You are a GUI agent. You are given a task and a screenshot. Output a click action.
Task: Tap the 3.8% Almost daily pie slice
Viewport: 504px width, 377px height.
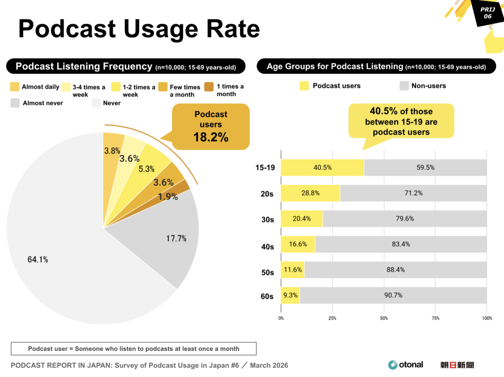coord(113,151)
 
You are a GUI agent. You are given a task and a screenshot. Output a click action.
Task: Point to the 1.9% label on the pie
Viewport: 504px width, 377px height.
coord(167,196)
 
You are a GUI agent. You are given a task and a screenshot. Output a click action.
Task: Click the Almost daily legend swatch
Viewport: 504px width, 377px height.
coord(15,87)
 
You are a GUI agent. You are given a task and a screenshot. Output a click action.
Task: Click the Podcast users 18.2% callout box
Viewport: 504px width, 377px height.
coord(211,126)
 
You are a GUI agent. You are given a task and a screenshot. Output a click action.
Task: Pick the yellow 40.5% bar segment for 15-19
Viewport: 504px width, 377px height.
coord(322,167)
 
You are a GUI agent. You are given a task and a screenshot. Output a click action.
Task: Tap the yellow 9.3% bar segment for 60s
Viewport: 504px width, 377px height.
coord(290,295)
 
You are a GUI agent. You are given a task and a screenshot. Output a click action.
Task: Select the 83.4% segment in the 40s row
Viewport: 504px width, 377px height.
coord(401,244)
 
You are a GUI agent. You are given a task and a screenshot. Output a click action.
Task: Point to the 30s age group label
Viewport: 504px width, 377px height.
coord(267,220)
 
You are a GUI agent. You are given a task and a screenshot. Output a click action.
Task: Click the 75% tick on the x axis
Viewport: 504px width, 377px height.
coord(435,318)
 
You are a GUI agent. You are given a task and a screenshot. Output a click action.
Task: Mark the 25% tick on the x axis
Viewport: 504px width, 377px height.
coord(332,318)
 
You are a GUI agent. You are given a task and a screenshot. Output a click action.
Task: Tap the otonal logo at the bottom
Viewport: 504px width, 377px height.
coord(405,365)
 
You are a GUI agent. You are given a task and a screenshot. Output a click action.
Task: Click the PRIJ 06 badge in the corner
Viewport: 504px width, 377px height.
coord(487,13)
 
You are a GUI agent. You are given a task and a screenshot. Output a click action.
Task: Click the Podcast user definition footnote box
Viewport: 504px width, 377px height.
coord(133,348)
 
